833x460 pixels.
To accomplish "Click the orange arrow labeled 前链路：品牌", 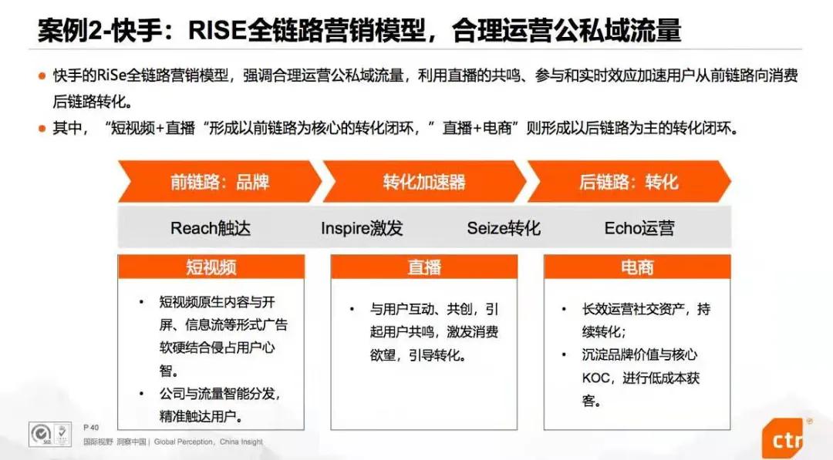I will pos(219,182).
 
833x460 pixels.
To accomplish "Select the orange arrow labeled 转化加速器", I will pos(424,182).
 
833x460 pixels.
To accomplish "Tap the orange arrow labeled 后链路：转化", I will pos(629,182).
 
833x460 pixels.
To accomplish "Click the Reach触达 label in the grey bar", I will pos(211,228).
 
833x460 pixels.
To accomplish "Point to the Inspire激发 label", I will pos(362,228).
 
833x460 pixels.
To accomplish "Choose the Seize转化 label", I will pos(504,228).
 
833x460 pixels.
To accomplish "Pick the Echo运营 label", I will pos(639,228).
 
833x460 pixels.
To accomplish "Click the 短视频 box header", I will pos(211,267).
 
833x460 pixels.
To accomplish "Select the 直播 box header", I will pos(424,267).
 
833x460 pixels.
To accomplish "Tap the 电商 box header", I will pos(637,267).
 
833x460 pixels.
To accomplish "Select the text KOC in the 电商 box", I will pos(597,378).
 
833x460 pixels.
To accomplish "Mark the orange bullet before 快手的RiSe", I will pos(42,76).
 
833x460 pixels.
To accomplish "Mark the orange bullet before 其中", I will pos(42,129).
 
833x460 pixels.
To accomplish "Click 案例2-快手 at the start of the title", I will pos(91,30).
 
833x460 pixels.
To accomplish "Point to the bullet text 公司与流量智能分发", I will pos(220,394).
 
